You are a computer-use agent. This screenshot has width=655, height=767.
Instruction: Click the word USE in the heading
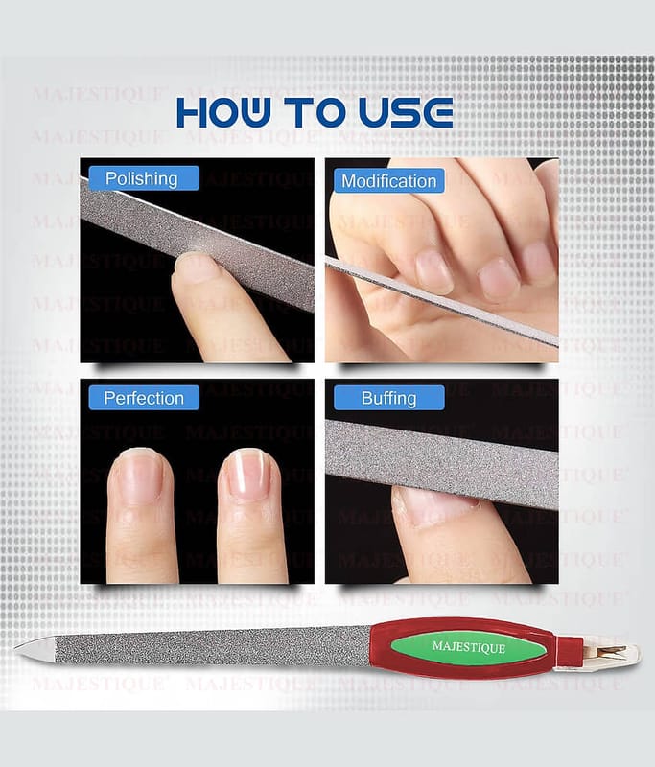tap(406, 112)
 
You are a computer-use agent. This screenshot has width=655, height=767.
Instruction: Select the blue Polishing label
tap(144, 178)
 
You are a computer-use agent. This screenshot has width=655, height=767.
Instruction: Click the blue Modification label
tap(389, 181)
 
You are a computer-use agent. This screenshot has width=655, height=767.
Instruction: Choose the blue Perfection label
tap(144, 398)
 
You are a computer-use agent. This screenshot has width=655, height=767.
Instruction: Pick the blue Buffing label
tap(389, 398)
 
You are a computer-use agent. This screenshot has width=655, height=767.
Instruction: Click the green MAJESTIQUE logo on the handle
tap(468, 647)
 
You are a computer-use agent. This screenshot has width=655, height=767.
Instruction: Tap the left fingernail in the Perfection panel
tap(140, 476)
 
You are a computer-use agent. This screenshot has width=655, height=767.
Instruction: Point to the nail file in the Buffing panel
tap(442, 464)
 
